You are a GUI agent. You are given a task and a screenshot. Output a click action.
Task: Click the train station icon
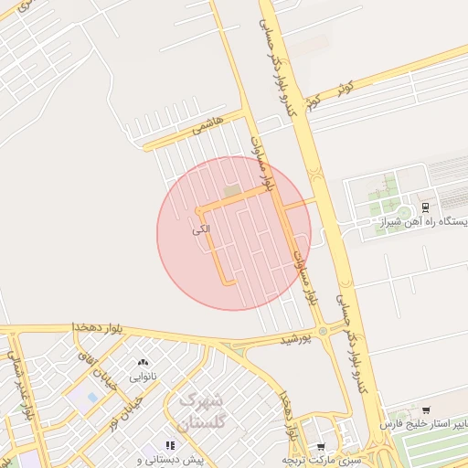pyautogui.click(x=425, y=206)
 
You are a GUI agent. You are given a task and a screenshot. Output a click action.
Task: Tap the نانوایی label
pyautogui.click(x=143, y=376)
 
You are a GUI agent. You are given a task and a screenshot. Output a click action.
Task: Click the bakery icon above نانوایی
pyautogui.click(x=143, y=363)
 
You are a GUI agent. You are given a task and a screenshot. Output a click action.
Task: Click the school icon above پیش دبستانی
pyautogui.click(x=171, y=445)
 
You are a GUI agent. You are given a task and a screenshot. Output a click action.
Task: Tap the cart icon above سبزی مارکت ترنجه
pyautogui.click(x=320, y=446)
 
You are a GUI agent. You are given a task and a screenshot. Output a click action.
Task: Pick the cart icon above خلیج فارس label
pyautogui.click(x=426, y=410)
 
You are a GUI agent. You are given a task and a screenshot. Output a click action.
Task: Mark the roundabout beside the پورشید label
pyautogui.click(x=324, y=330)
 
